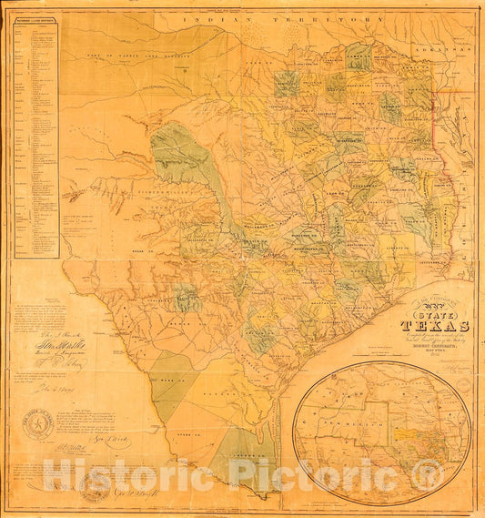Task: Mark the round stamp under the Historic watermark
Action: (x=96, y=486)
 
